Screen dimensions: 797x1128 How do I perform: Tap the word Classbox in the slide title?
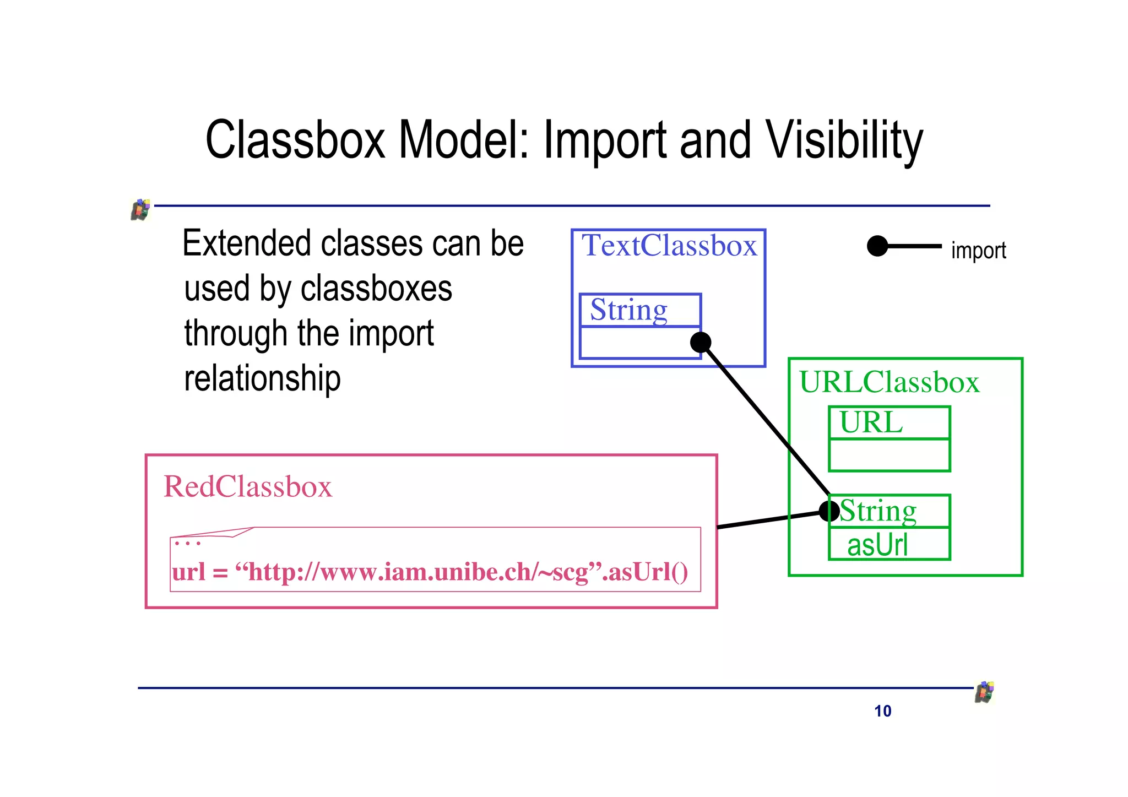(295, 140)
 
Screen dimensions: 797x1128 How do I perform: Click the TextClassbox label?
(669, 246)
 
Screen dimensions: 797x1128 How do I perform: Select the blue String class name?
(628, 310)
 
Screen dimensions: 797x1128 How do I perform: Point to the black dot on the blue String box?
(701, 343)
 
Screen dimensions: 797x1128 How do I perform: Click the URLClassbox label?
(889, 382)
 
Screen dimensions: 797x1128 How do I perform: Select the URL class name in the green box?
(871, 423)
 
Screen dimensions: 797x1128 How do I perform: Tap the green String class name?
(877, 511)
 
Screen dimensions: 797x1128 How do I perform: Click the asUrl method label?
(877, 545)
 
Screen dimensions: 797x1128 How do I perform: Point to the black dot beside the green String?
(829, 511)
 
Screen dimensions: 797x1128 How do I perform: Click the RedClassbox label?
(248, 487)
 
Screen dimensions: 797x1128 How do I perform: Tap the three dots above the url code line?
(187, 544)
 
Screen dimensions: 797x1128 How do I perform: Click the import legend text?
(978, 251)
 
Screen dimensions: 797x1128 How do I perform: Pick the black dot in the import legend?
(877, 246)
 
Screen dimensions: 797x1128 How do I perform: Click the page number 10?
(882, 711)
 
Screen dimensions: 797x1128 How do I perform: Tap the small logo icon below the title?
(140, 210)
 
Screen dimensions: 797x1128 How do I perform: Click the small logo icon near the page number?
(984, 692)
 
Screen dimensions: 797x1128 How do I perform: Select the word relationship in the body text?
(262, 379)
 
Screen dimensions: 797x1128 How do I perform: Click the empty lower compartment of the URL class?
(889, 455)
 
